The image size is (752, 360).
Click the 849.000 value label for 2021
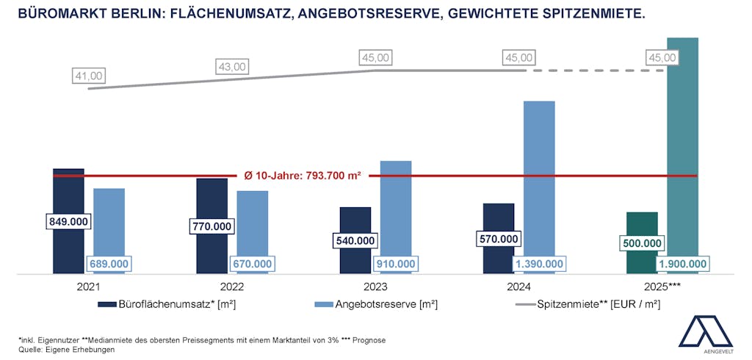[x=68, y=222]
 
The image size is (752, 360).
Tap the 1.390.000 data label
[x=539, y=264]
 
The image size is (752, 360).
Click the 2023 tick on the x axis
[x=375, y=287]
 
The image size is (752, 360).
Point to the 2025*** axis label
[x=664, y=287]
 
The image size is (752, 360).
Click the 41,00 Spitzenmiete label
[x=89, y=75]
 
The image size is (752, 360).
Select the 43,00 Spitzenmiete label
[x=233, y=66]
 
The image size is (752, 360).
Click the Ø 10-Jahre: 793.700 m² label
[x=303, y=176]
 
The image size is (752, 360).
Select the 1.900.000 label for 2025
[x=683, y=264]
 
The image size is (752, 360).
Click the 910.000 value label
[x=396, y=264]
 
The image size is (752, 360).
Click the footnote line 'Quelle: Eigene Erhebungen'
[x=65, y=350]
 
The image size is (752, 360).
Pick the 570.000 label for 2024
[x=499, y=239]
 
